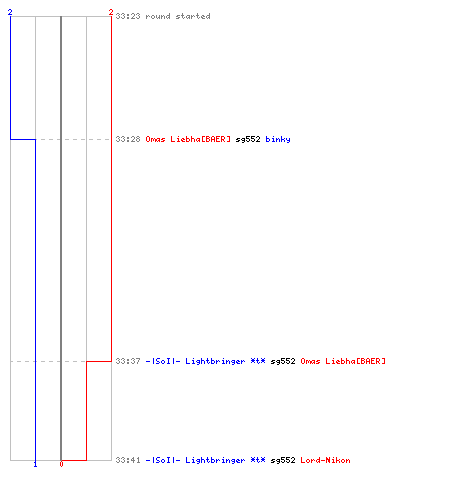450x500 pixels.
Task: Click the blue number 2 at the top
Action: [10, 12]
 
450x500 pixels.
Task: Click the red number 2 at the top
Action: [111, 12]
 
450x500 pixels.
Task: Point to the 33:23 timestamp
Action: [128, 16]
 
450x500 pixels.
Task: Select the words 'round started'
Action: [178, 16]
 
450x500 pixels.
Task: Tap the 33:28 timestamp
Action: [128, 139]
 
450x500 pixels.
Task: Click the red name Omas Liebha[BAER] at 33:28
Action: [188, 139]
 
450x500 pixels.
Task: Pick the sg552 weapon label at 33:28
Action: [248, 139]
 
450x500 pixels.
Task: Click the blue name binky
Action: [278, 139]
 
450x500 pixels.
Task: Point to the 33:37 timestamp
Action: [128, 361]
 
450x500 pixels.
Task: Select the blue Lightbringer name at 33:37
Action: [206, 361]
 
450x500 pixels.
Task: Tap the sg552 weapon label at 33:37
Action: [283, 361]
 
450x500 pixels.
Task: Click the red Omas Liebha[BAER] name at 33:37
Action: [343, 361]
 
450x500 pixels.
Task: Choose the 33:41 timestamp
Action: [128, 460]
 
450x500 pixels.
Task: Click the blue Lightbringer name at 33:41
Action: [206, 460]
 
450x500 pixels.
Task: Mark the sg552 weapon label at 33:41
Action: [283, 460]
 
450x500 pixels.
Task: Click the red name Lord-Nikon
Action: [325, 460]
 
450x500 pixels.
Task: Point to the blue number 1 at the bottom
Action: [35, 464]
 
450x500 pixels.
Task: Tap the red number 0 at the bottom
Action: [61, 464]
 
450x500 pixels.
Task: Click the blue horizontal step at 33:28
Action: [23, 139]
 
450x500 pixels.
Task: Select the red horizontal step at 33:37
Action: [99, 361]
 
